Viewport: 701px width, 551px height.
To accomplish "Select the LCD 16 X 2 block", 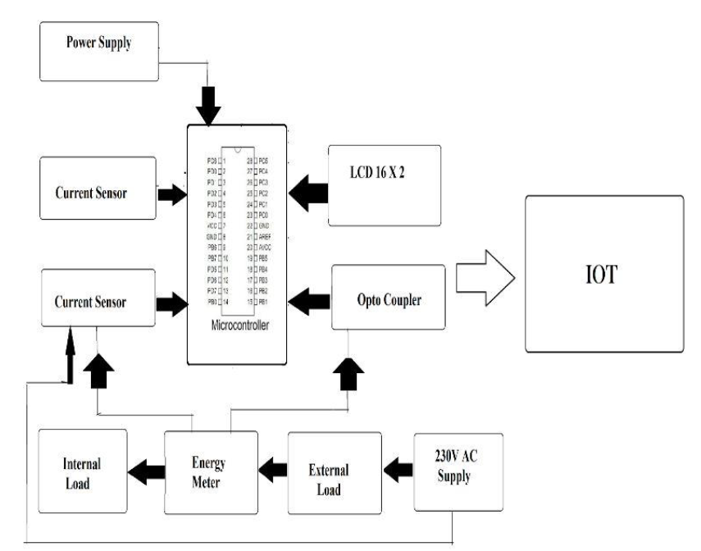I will point(384,185).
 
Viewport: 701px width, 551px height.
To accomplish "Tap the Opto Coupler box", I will point(388,297).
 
